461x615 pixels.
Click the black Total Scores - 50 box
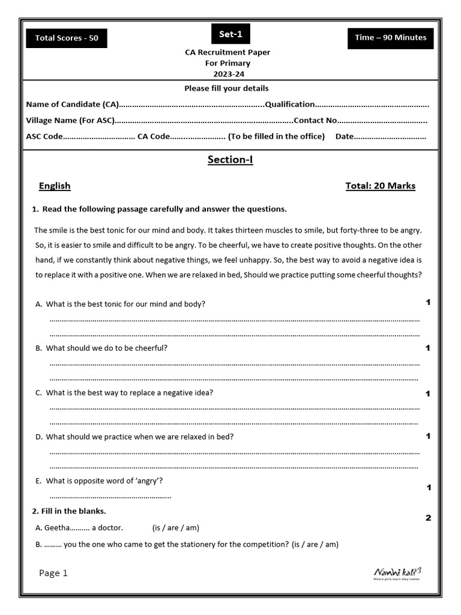click(67, 38)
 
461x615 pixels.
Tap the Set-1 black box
click(230, 34)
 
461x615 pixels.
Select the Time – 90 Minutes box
click(390, 37)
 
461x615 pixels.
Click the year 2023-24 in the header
click(227, 74)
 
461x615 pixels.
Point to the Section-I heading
click(230, 159)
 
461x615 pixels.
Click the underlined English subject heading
click(55, 186)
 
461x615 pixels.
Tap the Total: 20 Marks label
click(380, 186)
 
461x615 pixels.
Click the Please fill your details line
click(226, 88)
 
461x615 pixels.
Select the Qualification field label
click(290, 105)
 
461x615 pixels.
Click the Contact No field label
click(315, 120)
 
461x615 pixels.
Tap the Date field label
click(345, 136)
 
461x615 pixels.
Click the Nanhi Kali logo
click(397, 573)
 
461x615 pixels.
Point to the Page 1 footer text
click(53, 573)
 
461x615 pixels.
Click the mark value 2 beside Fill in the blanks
click(428, 518)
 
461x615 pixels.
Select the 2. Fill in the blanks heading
click(68, 511)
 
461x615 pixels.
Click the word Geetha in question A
click(57, 528)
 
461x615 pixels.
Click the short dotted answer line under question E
click(110, 497)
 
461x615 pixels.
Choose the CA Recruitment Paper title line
click(227, 52)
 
